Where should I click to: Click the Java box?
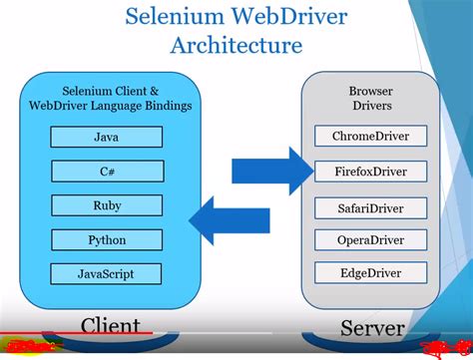pos(107,139)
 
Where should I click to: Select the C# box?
pos(107,173)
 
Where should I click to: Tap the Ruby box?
pos(107,206)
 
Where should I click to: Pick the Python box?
pos(107,240)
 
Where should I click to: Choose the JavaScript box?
pos(107,273)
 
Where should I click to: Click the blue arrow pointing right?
pos(271,166)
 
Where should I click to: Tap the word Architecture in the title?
pos(236,46)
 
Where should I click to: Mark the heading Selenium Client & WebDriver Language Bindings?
pos(107,99)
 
